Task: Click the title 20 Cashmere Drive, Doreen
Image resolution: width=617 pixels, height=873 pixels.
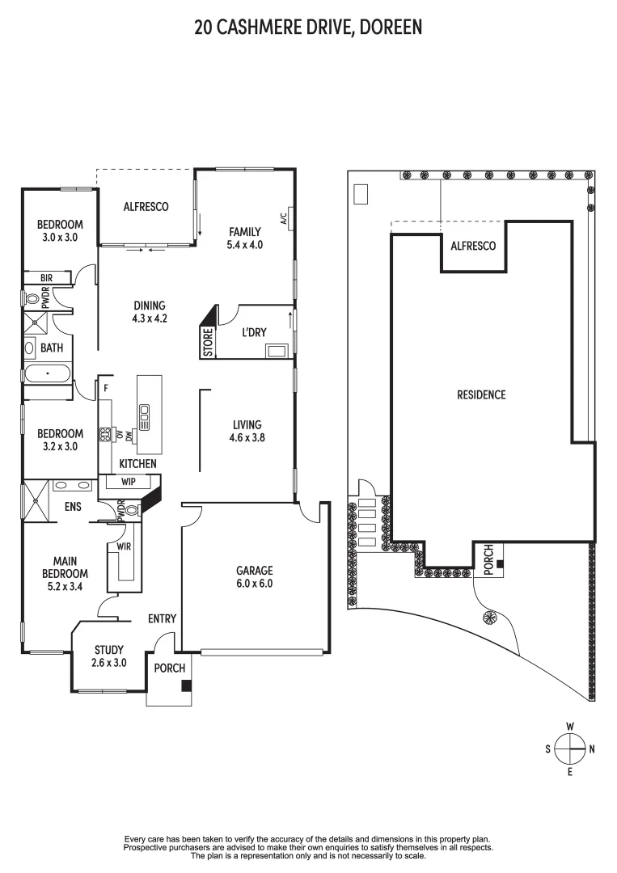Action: point(308,28)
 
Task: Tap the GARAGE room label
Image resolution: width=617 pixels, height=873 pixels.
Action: point(255,569)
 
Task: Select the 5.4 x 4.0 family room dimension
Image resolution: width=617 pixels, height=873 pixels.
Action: point(245,245)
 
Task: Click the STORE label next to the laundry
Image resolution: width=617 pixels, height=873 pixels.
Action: point(208,343)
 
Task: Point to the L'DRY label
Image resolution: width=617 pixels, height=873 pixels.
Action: point(254,332)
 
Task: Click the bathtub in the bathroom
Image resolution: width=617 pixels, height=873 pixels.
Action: point(48,375)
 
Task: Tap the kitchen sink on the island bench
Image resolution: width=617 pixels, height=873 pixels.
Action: point(145,416)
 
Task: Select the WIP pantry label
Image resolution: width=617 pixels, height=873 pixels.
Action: point(128,482)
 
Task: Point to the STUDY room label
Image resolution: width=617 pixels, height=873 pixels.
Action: point(109,649)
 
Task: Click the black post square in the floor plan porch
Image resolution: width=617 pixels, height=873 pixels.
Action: point(187,685)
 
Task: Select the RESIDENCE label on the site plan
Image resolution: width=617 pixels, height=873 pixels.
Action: point(481,394)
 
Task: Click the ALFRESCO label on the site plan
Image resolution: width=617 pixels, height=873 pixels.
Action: point(473,246)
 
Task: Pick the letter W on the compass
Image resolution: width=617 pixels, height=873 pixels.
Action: point(570,726)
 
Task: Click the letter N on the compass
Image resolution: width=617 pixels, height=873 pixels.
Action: point(592,749)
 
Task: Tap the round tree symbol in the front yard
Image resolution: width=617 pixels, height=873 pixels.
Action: point(488,618)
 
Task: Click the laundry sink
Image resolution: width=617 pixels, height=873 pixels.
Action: point(277,351)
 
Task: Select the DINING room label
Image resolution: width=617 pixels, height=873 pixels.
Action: point(150,306)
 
